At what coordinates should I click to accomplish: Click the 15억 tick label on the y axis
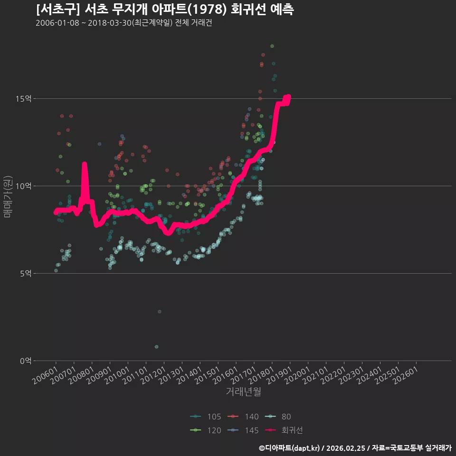[23, 99]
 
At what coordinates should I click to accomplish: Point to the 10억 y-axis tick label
[23, 186]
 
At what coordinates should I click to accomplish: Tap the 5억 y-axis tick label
[26, 274]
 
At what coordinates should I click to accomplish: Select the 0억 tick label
[26, 361]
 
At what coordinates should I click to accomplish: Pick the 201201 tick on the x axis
[153, 375]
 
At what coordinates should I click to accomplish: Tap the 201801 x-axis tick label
[261, 375]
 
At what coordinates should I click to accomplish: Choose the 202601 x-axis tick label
[405, 375]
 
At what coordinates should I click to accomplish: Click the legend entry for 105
[206, 417]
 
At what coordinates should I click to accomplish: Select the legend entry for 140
[243, 417]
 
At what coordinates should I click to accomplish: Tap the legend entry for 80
[278, 417]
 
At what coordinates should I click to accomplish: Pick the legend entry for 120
[206, 430]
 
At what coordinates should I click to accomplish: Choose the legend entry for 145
[243, 430]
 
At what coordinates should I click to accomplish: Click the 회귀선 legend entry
[284, 430]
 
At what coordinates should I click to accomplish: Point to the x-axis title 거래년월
[243, 391]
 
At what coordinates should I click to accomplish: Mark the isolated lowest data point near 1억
[156, 347]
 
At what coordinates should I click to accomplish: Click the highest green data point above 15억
[272, 46]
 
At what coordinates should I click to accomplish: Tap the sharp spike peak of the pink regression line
[85, 164]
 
